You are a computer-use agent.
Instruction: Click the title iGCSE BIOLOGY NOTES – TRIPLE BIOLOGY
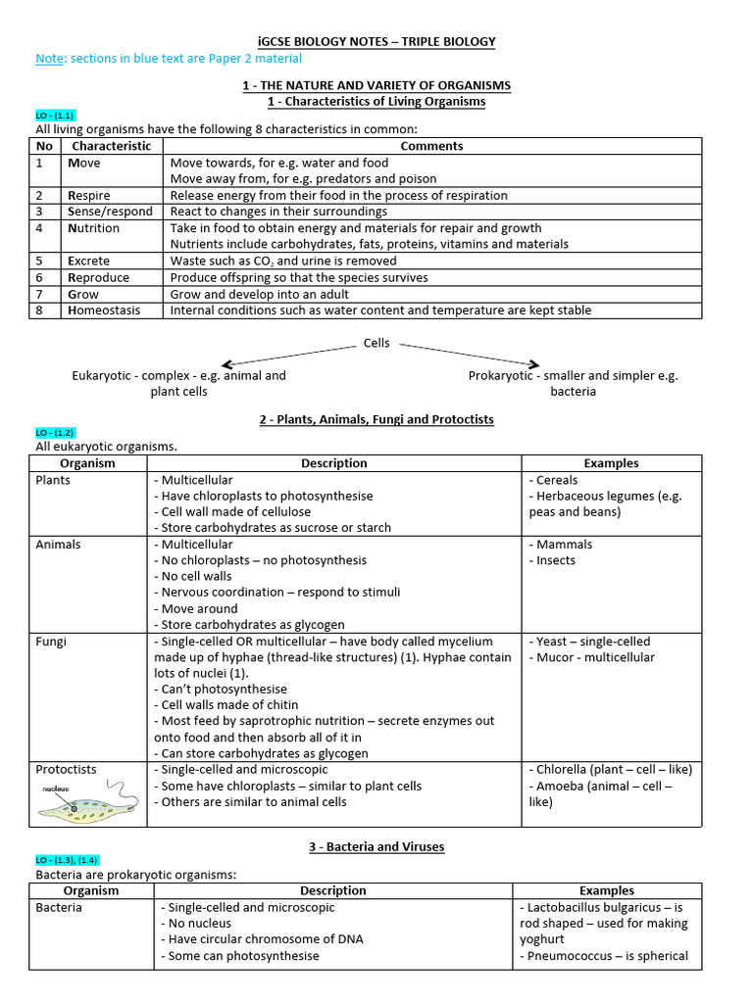point(376,41)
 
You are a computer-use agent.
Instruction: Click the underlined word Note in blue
point(49,59)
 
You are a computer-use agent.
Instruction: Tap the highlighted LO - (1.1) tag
point(55,116)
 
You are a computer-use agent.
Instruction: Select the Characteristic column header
point(112,146)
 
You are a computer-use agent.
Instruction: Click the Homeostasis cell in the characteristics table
point(104,310)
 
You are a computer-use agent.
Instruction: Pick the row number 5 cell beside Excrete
point(40,262)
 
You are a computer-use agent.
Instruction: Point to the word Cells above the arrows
point(376,343)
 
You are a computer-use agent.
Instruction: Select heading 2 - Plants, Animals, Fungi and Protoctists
point(376,419)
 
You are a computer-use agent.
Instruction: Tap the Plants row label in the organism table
point(53,480)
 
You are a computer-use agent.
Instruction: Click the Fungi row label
point(52,642)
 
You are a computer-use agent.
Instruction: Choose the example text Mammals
point(564,545)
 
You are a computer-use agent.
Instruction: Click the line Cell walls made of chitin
point(226,705)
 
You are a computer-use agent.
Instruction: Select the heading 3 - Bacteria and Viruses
point(376,846)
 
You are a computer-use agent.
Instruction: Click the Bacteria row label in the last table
point(59,907)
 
